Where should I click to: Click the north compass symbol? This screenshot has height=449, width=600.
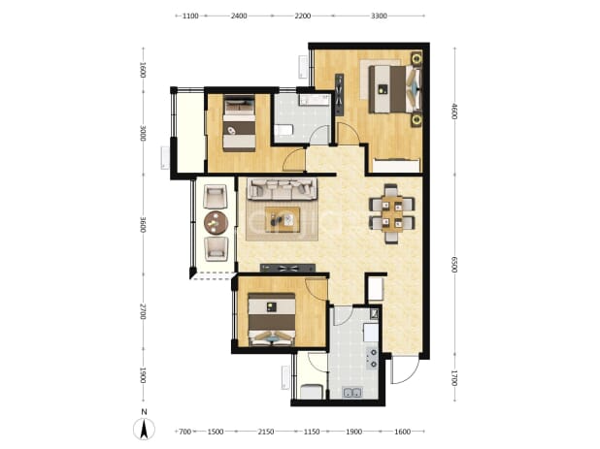pos(144,425)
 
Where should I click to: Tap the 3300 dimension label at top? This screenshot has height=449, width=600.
pos(379,16)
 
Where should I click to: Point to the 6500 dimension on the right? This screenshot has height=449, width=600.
pos(454,265)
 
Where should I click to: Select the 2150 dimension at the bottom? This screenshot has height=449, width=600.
pos(266,432)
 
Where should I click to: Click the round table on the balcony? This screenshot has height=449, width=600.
pos(217,222)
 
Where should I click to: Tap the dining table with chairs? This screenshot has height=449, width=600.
pos(392,214)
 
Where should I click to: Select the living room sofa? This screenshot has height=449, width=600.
pos(282,189)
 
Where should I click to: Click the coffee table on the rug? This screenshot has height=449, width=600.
pos(283,220)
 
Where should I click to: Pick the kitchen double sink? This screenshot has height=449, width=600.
pos(352,393)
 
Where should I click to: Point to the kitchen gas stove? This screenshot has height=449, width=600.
pos(372,359)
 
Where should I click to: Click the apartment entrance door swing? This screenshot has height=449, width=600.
pos(405,369)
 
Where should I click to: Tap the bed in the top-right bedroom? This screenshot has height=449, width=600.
pos(395,89)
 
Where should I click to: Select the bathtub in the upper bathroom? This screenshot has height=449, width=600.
pos(315,100)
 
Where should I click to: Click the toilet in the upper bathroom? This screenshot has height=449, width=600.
pos(283,130)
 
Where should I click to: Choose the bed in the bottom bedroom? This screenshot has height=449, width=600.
pos(272,319)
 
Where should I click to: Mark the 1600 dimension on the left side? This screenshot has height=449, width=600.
pos(143,70)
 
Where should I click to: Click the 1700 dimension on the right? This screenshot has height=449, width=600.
pos(454,378)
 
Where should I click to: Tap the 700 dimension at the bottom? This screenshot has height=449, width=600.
pos(184,432)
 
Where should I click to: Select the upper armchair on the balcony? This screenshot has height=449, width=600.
pos(216,197)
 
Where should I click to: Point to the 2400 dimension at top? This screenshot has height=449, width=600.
pos(239,16)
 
